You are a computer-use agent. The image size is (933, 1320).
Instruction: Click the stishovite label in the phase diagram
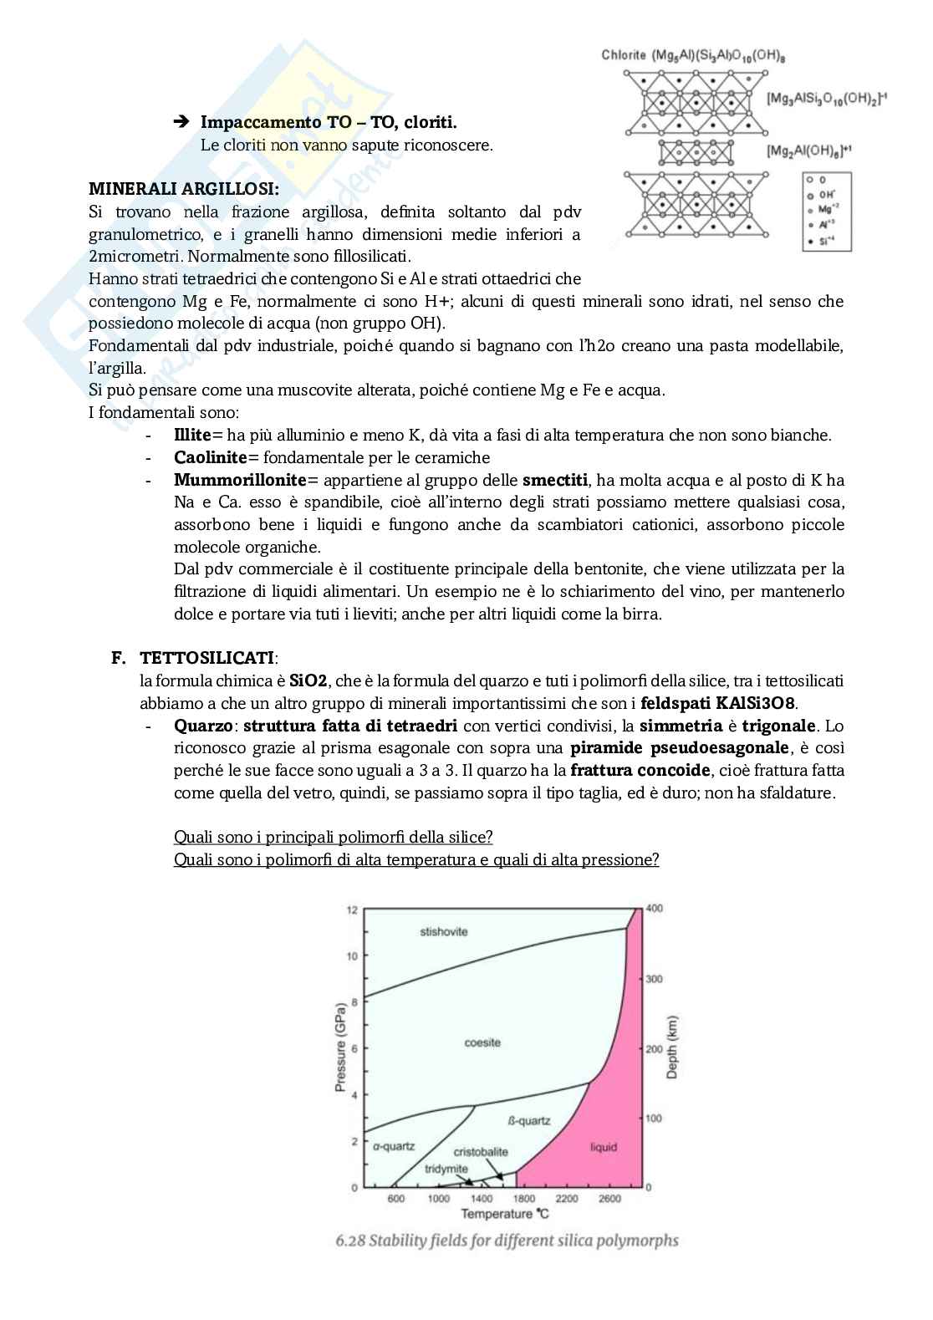point(443,931)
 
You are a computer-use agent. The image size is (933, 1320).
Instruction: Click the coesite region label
point(483,1042)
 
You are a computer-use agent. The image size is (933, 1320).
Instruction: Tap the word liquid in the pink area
point(603,1147)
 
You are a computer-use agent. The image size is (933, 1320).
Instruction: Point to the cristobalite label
point(481,1151)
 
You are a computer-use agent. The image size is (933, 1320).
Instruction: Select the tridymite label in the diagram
point(446,1168)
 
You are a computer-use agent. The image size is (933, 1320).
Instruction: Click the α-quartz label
point(394,1146)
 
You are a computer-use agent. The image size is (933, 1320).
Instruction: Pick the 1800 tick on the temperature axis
point(524,1198)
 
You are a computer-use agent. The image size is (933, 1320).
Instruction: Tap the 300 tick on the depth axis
point(655,979)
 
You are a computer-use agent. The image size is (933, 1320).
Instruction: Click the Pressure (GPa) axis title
point(340,1048)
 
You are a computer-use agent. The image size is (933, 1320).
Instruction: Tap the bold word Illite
point(192,435)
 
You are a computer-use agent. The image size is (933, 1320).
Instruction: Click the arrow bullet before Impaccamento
point(182,123)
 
